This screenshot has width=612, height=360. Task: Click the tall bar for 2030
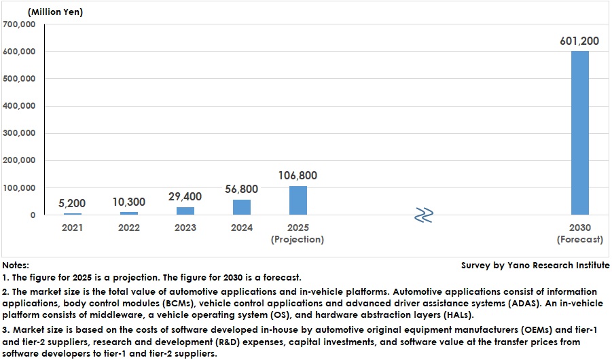coord(579,133)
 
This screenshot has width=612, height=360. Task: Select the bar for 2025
coord(298,200)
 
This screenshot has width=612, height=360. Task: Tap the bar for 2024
coord(241,207)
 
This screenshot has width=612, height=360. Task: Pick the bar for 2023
coord(185,211)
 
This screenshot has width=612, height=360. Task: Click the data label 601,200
coord(579,41)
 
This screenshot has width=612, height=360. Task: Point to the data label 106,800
coord(298,176)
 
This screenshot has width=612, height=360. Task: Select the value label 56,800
coord(241,190)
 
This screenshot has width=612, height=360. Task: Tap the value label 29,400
coord(185,197)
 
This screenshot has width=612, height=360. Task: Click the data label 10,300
coord(128,202)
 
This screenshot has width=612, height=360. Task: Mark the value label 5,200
coord(72,204)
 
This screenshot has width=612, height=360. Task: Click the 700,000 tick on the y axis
coord(19,24)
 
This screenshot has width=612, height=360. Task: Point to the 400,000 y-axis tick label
coord(19,107)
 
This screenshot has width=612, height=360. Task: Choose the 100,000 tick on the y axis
coord(19,188)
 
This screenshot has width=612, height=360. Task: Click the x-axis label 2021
coord(72,228)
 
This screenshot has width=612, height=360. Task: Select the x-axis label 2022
coord(128,228)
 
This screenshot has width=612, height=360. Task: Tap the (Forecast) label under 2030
coord(579,240)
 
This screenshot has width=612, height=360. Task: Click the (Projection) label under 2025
coord(298,240)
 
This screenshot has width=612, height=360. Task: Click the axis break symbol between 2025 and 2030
coord(424,215)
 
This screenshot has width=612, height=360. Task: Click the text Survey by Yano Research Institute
coord(535,266)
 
